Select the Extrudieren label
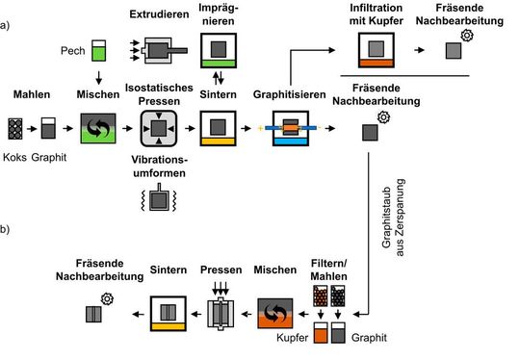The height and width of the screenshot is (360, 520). tap(160, 13)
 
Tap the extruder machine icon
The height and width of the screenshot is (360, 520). tap(159, 51)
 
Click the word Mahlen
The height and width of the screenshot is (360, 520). tap(31, 94)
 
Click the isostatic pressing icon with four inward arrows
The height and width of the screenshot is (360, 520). tap(159, 127)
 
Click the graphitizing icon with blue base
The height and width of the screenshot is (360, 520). tap(290, 128)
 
